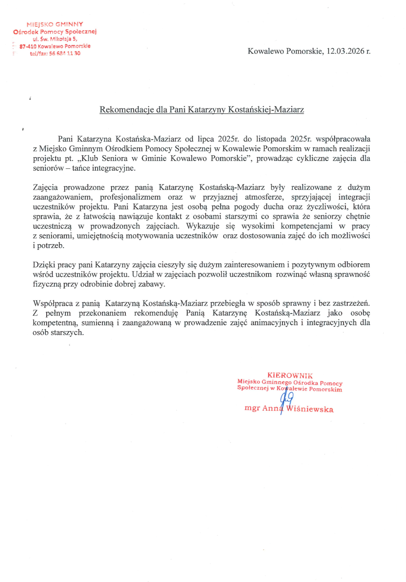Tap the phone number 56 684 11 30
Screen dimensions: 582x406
tap(64, 53)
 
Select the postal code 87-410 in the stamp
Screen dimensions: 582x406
tap(28, 46)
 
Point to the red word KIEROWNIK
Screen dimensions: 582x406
tap(290, 375)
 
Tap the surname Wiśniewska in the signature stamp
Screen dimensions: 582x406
tap(310, 409)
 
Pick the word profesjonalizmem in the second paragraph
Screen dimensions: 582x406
tap(130, 197)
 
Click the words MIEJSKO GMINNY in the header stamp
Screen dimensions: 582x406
tap(55, 24)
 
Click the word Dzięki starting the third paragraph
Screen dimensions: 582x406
tap(44, 264)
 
